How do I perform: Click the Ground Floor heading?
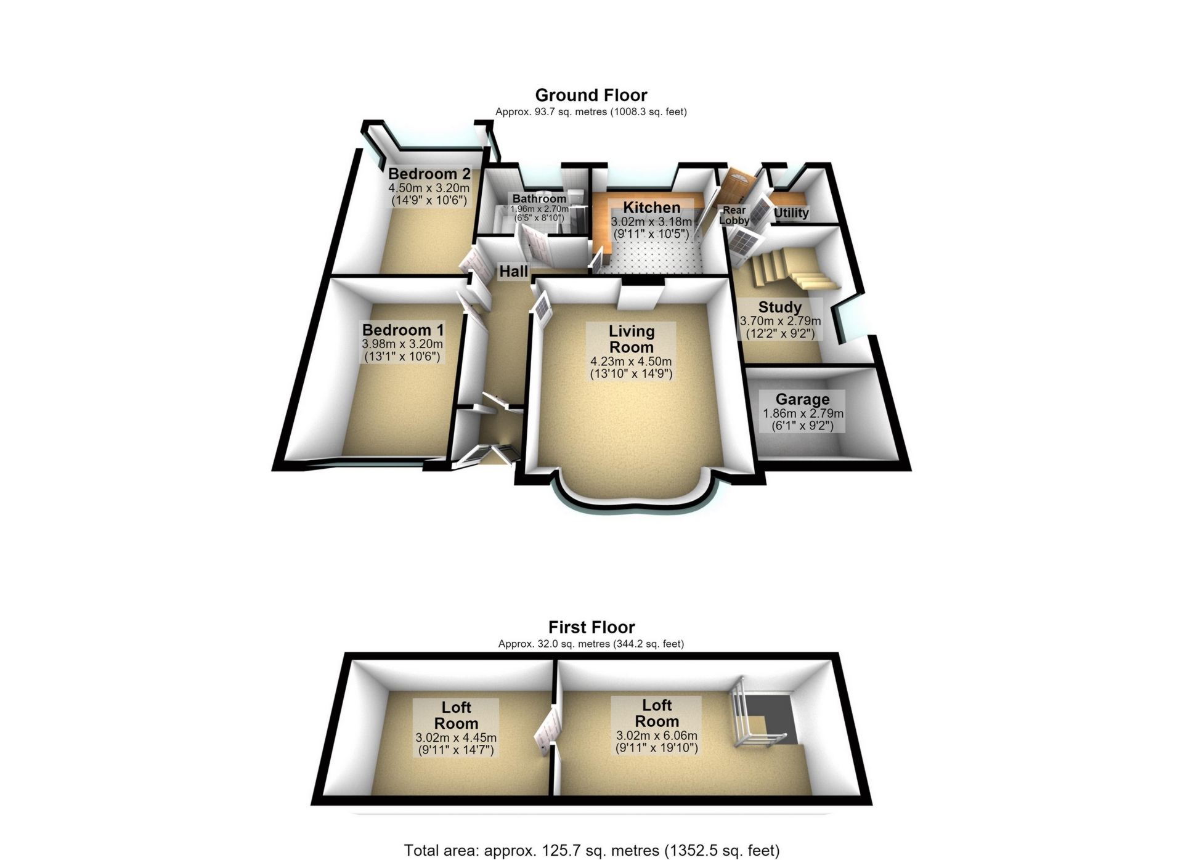pos(591,95)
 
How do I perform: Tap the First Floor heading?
pos(591,627)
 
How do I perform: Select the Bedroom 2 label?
pos(429,174)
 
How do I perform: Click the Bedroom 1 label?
pos(402,330)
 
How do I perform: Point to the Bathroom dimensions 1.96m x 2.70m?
pos(539,209)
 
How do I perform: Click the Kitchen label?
pos(651,208)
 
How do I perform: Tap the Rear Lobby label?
pos(734,215)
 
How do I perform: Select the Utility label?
pos(791,213)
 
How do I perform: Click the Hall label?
pos(513,271)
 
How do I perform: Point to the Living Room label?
pos(632,339)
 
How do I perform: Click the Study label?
pos(779,307)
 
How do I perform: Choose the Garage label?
pos(802,399)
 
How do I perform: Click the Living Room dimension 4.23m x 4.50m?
pos(631,362)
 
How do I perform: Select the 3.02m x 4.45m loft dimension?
pos(456,737)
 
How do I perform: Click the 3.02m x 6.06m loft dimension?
pos(657,736)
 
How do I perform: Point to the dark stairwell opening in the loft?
pos(770,718)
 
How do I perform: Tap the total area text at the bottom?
pos(591,851)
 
